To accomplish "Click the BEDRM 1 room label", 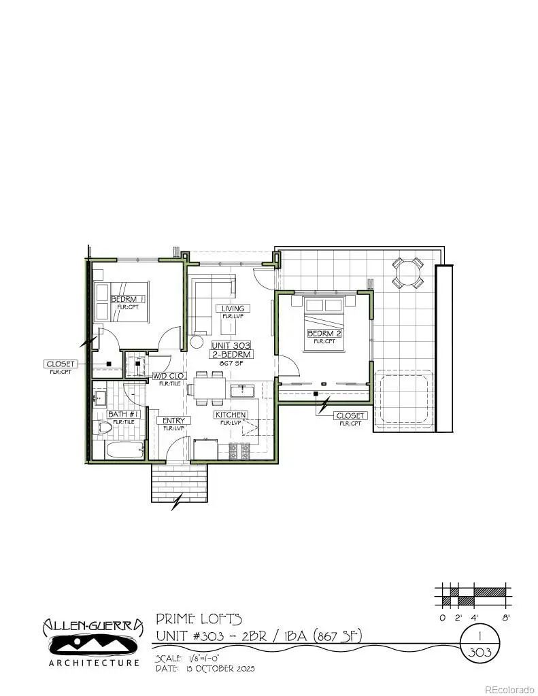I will click(x=129, y=299).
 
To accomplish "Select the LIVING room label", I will click(x=231, y=309).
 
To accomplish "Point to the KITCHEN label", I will click(x=231, y=415).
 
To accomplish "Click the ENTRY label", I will click(x=173, y=421).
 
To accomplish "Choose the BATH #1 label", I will click(x=123, y=414).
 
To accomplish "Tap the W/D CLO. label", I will click(x=169, y=375).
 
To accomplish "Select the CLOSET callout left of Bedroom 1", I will click(x=60, y=364).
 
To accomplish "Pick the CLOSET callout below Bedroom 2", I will click(x=351, y=415).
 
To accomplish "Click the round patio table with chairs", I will click(x=407, y=273).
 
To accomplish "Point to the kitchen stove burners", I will click(x=240, y=449).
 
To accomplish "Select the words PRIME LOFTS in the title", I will click(x=199, y=619).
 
